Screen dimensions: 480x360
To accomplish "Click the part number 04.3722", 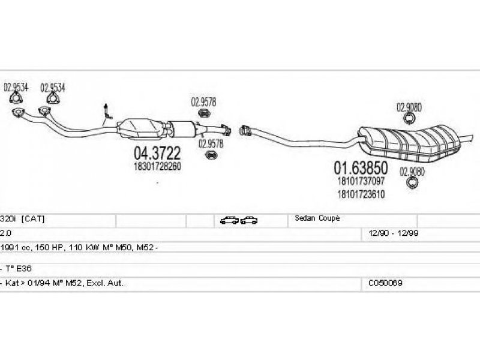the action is point(157,153).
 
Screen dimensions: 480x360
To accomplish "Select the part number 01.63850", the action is point(361,168).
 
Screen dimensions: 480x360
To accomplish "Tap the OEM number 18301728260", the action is point(157,166).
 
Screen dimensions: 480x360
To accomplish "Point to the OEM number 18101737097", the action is point(361,181).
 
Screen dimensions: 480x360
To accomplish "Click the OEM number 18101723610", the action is point(361,194).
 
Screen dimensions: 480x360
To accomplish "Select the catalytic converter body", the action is point(142,129).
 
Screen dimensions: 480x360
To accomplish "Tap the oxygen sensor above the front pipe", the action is point(107,112).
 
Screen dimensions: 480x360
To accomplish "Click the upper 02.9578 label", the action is point(203,102).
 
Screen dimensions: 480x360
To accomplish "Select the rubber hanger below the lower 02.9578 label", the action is point(211,155).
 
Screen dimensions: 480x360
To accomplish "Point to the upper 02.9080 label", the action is point(409,107).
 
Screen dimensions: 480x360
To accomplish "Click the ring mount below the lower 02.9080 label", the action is point(412,182).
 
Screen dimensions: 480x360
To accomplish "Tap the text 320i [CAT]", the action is point(22,219).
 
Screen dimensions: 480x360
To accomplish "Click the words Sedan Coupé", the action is point(317,218).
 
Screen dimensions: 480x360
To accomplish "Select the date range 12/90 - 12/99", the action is point(394,233).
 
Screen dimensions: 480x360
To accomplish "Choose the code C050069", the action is point(385,283).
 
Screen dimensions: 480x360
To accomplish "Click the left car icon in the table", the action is point(229,220).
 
